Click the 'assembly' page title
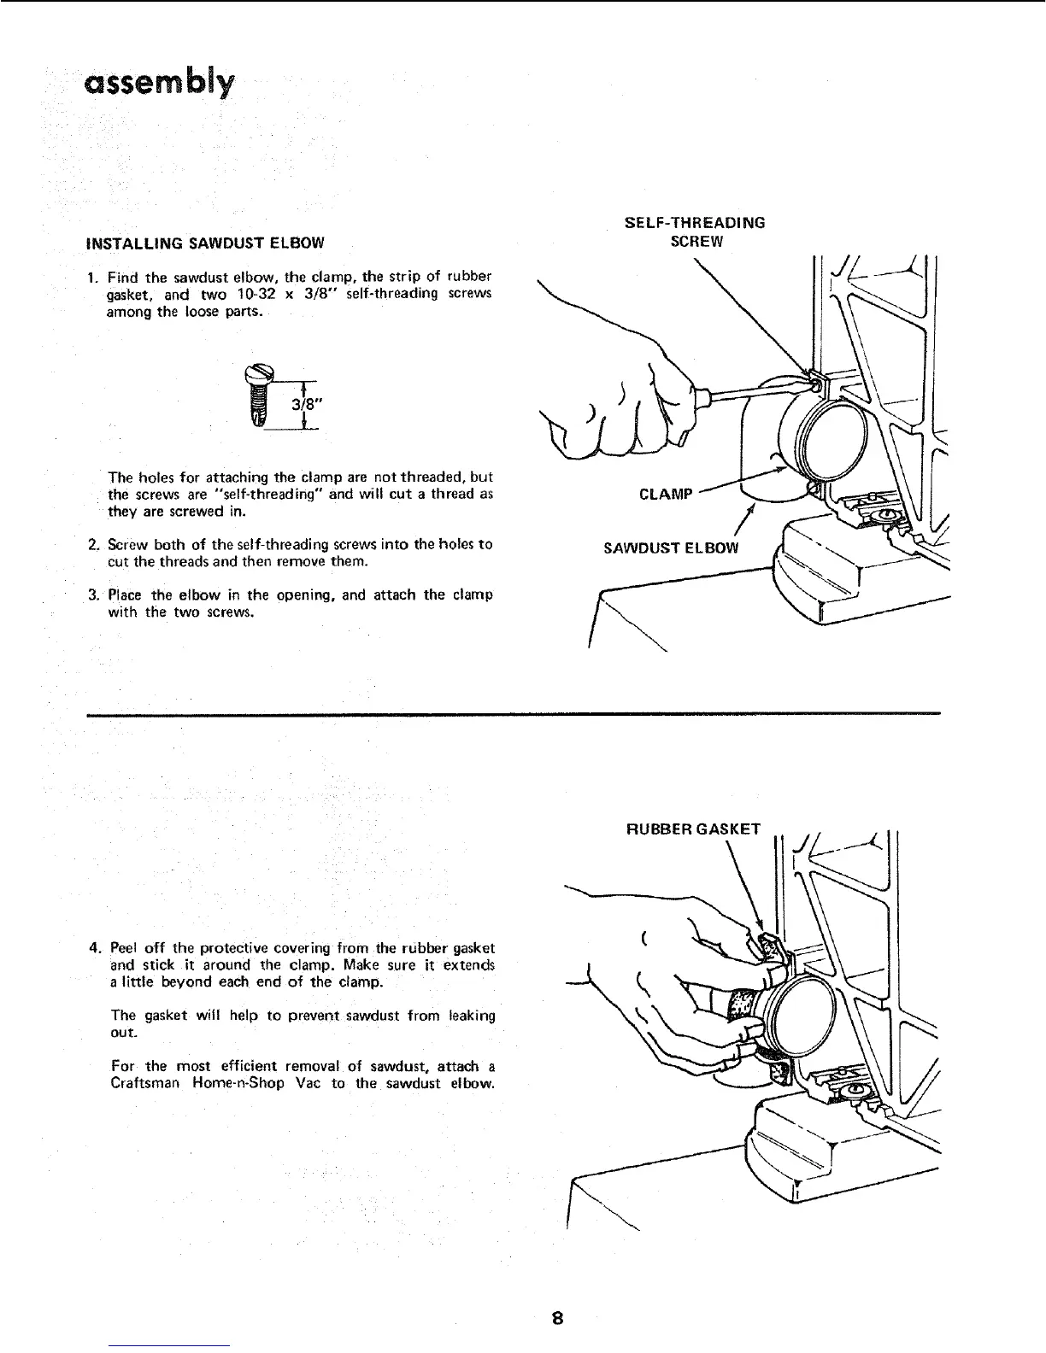[x=158, y=85]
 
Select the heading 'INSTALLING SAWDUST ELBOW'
[x=205, y=242]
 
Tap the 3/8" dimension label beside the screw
[x=301, y=406]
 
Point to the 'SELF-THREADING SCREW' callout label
[x=695, y=231]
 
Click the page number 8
[x=556, y=1316]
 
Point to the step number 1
[x=91, y=275]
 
